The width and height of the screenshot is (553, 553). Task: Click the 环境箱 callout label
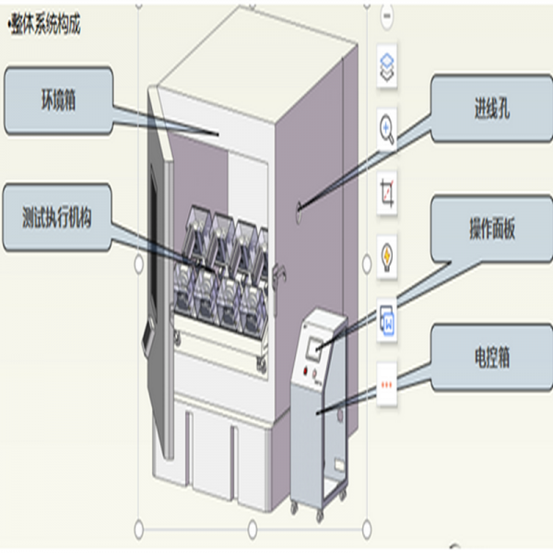click(x=59, y=100)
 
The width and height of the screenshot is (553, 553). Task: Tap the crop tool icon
click(x=388, y=193)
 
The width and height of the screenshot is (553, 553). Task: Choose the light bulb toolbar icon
click(x=388, y=253)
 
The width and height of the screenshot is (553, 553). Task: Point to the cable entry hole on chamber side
click(x=300, y=211)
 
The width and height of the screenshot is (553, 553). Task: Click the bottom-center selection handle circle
click(x=253, y=528)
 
